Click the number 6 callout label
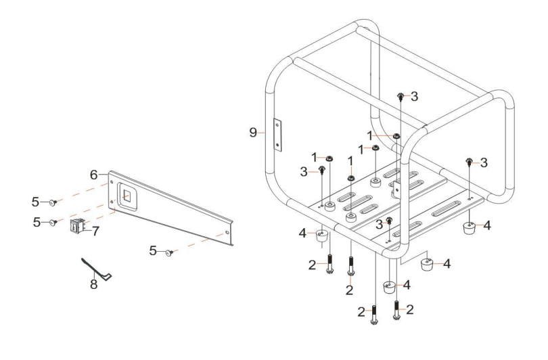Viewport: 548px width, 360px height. tap(95, 174)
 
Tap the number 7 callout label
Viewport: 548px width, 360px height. tap(96, 231)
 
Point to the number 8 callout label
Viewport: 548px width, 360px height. tap(94, 284)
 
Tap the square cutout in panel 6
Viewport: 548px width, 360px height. tap(127, 197)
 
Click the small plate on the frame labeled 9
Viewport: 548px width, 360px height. tap(277, 135)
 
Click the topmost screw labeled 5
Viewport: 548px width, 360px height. tap(53, 202)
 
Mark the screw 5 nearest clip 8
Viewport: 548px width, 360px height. tap(52, 222)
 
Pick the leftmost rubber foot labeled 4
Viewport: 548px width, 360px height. tap(323, 237)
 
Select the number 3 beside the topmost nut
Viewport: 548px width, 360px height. tap(414, 97)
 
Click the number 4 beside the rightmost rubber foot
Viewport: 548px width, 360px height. tap(486, 225)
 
